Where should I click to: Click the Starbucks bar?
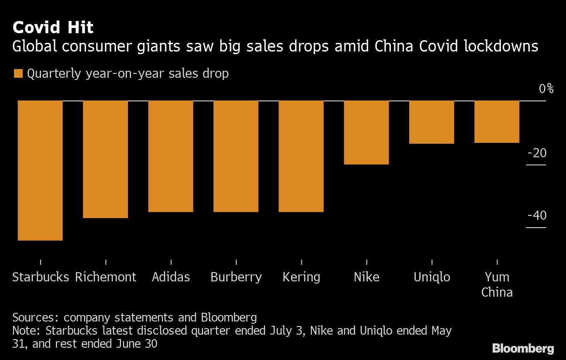tap(40, 170)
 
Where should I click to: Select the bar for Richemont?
tap(105, 159)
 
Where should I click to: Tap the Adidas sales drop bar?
tap(171, 156)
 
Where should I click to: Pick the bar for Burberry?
tap(236, 156)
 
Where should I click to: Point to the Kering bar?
tap(301, 156)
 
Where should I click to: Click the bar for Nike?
tap(366, 132)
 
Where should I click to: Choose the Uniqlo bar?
tap(432, 122)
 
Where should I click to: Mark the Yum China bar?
tap(497, 121)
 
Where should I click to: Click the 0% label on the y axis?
tap(546, 89)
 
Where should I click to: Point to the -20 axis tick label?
tap(537, 153)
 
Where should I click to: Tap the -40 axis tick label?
tap(537, 216)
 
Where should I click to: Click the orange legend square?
tap(18, 73)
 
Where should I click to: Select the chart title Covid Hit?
tap(53, 28)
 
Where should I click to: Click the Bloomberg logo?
tap(523, 348)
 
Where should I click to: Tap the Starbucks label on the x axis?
tap(41, 277)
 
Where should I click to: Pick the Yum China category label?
tap(497, 284)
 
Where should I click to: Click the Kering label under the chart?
tap(301, 277)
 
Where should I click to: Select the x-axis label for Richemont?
tap(106, 277)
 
